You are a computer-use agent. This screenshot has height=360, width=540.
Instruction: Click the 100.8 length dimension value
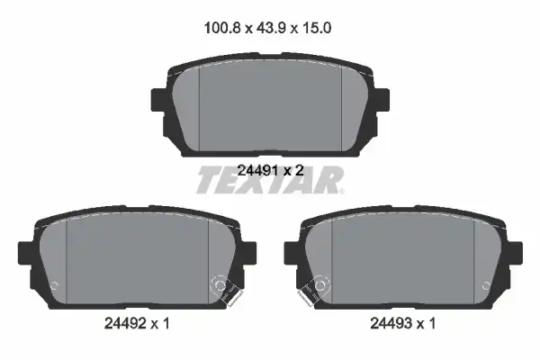pyautogui.click(x=222, y=28)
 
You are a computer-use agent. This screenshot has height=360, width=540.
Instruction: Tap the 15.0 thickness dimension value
pyautogui.click(x=317, y=28)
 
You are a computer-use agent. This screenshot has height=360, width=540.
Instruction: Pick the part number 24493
pyautogui.click(x=391, y=323)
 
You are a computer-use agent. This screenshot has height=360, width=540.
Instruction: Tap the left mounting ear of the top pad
pyautogui.click(x=158, y=100)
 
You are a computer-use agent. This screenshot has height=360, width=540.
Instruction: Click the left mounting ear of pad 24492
pyautogui.click(x=26, y=253)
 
